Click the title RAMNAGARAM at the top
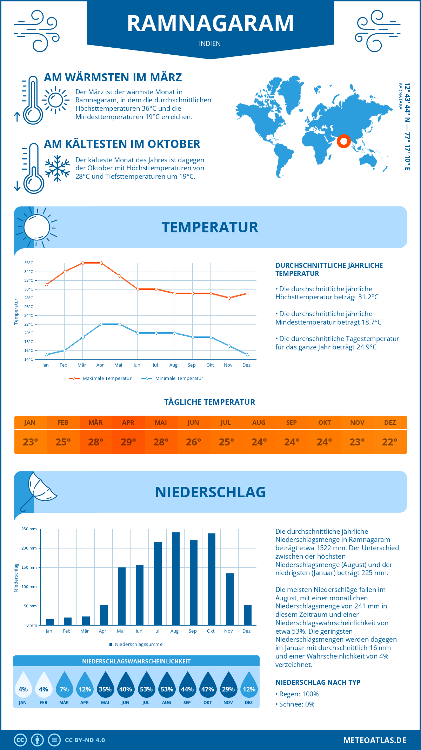pos(210,23)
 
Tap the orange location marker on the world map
pos(344,141)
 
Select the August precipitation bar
pos(176,579)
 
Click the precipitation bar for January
pos(50,622)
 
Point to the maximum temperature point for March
pos(83,263)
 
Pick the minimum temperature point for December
pos(247,355)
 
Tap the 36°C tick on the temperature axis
pos(29,263)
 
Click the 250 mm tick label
pos(29,529)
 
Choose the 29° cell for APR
pos(128,442)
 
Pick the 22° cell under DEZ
pos(390,442)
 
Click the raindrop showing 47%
pos(208,685)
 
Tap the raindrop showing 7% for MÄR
pos(64,685)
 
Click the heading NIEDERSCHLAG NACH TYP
pos(318,682)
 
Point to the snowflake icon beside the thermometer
pos(57,168)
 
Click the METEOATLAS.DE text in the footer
pos(375,740)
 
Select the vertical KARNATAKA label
pos(400,96)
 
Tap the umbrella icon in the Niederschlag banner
pos(39,489)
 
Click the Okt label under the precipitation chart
pos(210,631)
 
